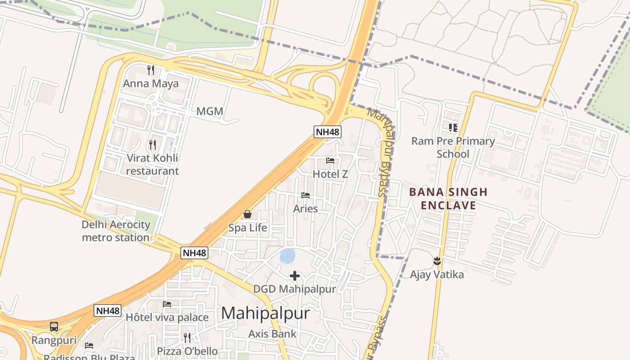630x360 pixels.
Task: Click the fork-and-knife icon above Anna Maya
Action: [151, 70]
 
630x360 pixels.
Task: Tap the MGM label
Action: [210, 111]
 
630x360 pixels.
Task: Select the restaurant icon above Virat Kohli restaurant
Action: [153, 144]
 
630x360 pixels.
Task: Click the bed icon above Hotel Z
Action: [330, 161]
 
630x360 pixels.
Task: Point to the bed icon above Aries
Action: [306, 195]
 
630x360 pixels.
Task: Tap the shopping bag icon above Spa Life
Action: [247, 214]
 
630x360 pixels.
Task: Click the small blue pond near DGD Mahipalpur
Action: [288, 256]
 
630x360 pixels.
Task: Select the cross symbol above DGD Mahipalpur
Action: [295, 275]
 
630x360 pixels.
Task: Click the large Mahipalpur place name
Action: [265, 313]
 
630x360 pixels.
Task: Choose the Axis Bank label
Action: [272, 333]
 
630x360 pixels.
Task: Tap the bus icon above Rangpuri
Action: [54, 327]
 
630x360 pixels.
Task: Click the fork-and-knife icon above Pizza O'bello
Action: [187, 337]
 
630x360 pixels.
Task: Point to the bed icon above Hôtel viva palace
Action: [167, 304]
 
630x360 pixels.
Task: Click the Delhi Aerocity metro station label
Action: [116, 231]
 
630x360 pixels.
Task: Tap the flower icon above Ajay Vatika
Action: [436, 261]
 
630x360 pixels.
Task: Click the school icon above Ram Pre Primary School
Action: [453, 128]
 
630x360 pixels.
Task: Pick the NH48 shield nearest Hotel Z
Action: [328, 132]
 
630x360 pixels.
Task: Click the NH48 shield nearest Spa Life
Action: [195, 253]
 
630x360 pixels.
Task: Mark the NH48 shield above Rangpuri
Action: [108, 310]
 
